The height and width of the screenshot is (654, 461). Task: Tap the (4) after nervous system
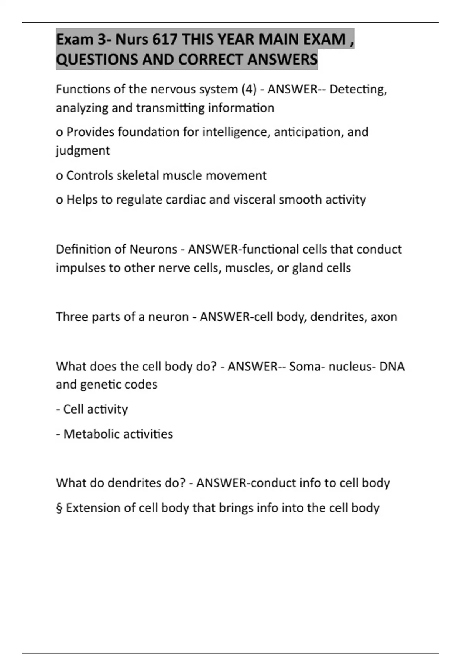(249, 89)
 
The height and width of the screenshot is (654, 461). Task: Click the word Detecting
(358, 89)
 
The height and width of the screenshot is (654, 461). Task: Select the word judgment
(83, 150)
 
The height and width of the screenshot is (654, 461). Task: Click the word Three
(72, 317)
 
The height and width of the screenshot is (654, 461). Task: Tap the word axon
(384, 317)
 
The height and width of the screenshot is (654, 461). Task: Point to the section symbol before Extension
(59, 508)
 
